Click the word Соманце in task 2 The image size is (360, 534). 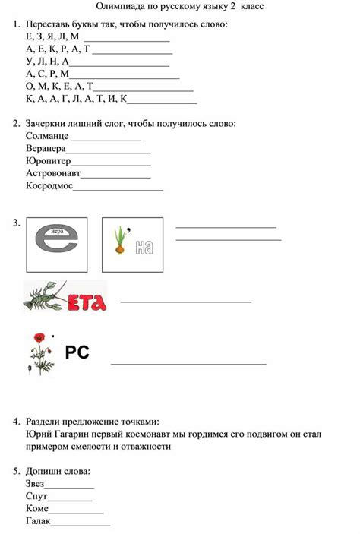[x=47, y=136]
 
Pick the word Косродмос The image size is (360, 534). [x=49, y=185]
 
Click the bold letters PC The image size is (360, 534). [x=77, y=352]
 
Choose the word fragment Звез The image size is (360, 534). [x=35, y=484]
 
